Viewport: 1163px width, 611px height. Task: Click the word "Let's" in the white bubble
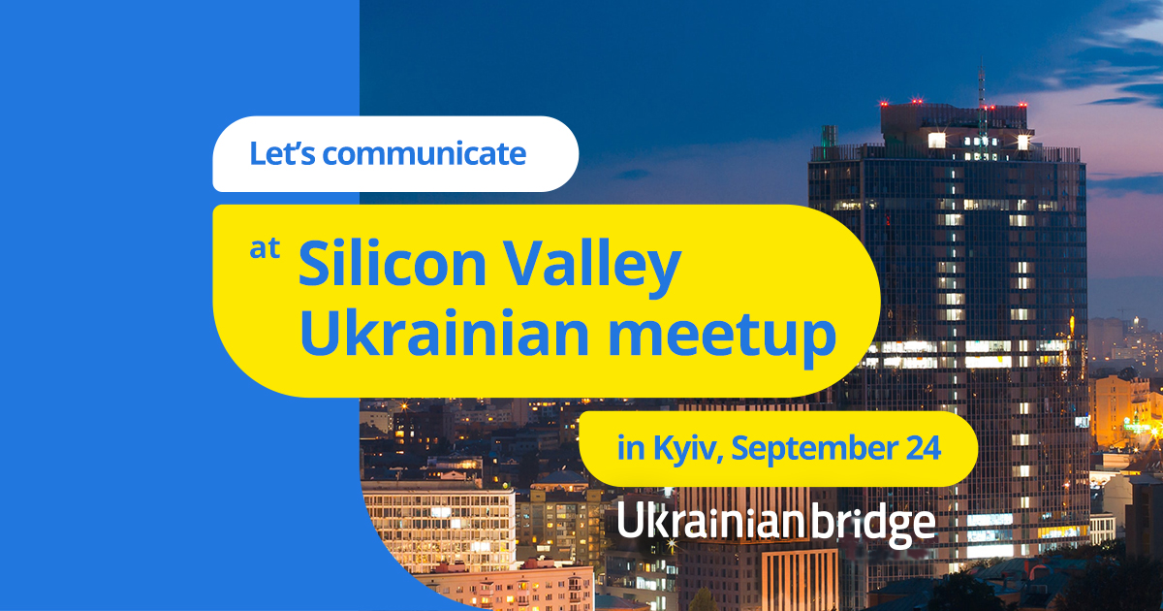point(282,153)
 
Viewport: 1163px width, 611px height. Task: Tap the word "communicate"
point(424,154)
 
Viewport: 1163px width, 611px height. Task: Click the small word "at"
point(265,248)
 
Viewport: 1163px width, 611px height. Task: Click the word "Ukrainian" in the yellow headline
point(445,332)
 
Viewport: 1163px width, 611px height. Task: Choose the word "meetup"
point(722,337)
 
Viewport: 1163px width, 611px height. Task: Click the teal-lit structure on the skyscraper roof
point(829,136)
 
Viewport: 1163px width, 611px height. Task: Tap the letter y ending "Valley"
point(664,275)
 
